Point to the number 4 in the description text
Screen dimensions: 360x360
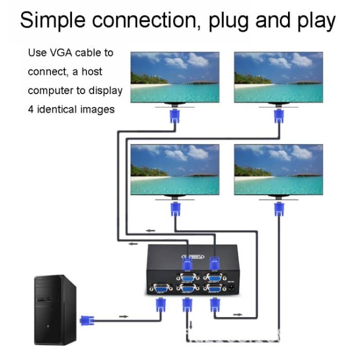[x=30, y=109]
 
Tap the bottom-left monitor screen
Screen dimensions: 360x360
[x=175, y=169]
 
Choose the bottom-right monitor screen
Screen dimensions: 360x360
[x=278, y=169]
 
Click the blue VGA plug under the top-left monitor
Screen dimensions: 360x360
[x=175, y=117]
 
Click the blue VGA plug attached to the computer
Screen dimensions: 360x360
[x=87, y=321]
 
